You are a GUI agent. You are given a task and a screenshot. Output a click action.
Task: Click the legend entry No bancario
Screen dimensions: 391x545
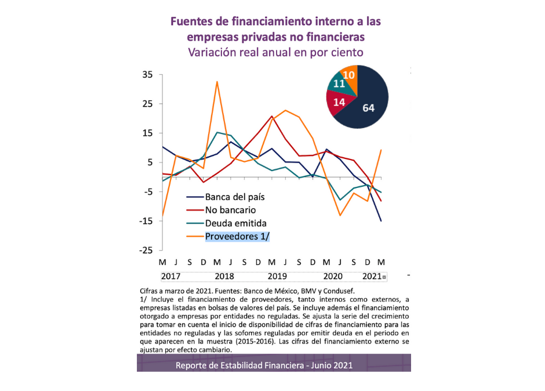pyautogui.click(x=230, y=210)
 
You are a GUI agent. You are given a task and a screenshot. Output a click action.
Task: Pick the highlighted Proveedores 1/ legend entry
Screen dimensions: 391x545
pyautogui.click(x=238, y=236)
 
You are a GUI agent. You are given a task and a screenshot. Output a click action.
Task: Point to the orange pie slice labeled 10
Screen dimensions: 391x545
pyautogui.click(x=350, y=75)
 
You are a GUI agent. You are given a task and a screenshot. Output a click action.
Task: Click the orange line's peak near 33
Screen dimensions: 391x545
pyautogui.click(x=217, y=82)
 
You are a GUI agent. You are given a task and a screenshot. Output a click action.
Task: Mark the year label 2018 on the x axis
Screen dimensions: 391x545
pyautogui.click(x=224, y=276)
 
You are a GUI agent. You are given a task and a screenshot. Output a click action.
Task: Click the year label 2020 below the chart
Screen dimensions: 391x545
pyautogui.click(x=333, y=276)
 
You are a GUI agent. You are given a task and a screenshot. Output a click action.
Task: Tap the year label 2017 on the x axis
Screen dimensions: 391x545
pyautogui.click(x=171, y=276)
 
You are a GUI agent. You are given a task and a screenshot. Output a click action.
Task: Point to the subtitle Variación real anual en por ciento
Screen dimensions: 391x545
pyautogui.click(x=275, y=52)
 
